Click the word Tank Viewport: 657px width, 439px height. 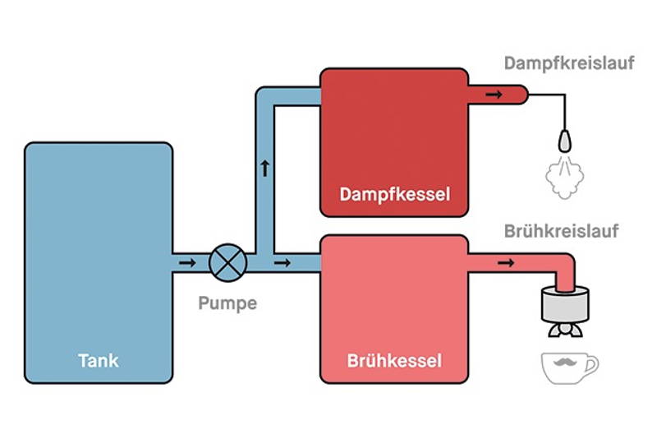click(x=99, y=360)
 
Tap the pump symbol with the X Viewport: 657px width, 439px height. click(x=227, y=262)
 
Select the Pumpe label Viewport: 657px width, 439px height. click(x=227, y=303)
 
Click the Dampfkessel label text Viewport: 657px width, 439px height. click(x=394, y=196)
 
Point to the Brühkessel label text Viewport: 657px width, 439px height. click(x=394, y=361)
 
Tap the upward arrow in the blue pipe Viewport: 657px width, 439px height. click(x=264, y=169)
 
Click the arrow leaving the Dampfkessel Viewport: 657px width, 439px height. click(x=494, y=95)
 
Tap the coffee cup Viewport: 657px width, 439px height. click(x=567, y=367)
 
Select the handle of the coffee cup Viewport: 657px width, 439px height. click(x=592, y=364)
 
